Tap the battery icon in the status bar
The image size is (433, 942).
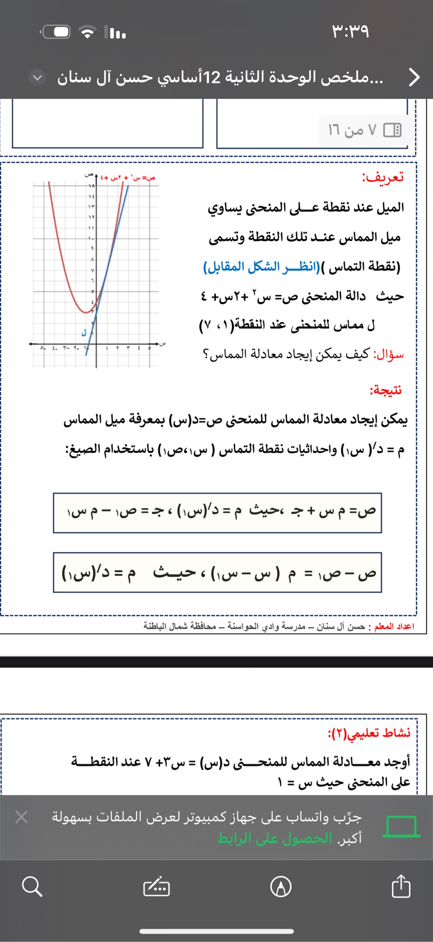[x=56, y=32]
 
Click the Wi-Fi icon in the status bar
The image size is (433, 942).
[x=87, y=32]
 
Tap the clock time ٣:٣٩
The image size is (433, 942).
[x=350, y=31]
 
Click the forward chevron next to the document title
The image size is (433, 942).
[x=414, y=77]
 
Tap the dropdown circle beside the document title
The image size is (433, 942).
[x=37, y=77]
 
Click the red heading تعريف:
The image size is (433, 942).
[x=383, y=177]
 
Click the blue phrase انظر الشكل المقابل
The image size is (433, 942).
[x=261, y=267]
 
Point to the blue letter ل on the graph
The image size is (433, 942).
[x=84, y=333]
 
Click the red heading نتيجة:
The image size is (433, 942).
[x=386, y=390]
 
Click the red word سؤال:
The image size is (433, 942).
[x=388, y=354]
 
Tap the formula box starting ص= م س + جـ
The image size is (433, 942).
[x=217, y=513]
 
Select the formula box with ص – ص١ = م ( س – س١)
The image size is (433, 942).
[x=217, y=572]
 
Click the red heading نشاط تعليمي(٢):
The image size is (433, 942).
[x=369, y=733]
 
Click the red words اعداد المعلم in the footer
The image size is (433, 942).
[x=394, y=626]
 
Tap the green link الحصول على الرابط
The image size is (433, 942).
[x=275, y=838]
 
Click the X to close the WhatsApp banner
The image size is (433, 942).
[x=22, y=817]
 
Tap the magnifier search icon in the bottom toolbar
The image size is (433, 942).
[x=32, y=886]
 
